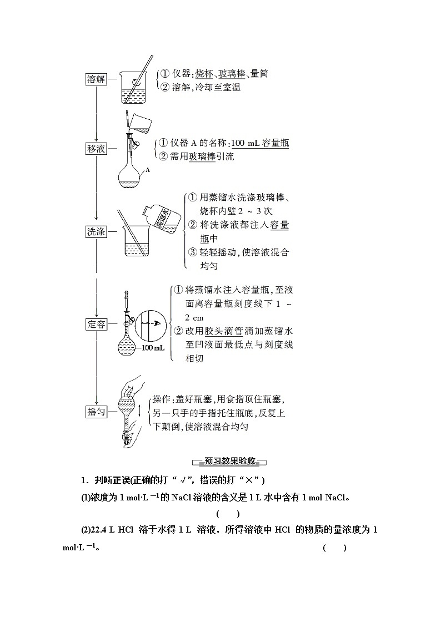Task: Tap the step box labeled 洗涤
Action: (96, 231)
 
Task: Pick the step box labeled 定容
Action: (96, 324)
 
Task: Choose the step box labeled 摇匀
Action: (96, 412)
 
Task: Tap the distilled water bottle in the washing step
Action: (165, 219)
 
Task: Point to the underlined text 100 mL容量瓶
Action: (259, 143)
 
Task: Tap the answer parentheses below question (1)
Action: (228, 514)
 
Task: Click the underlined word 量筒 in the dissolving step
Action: (259, 73)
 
